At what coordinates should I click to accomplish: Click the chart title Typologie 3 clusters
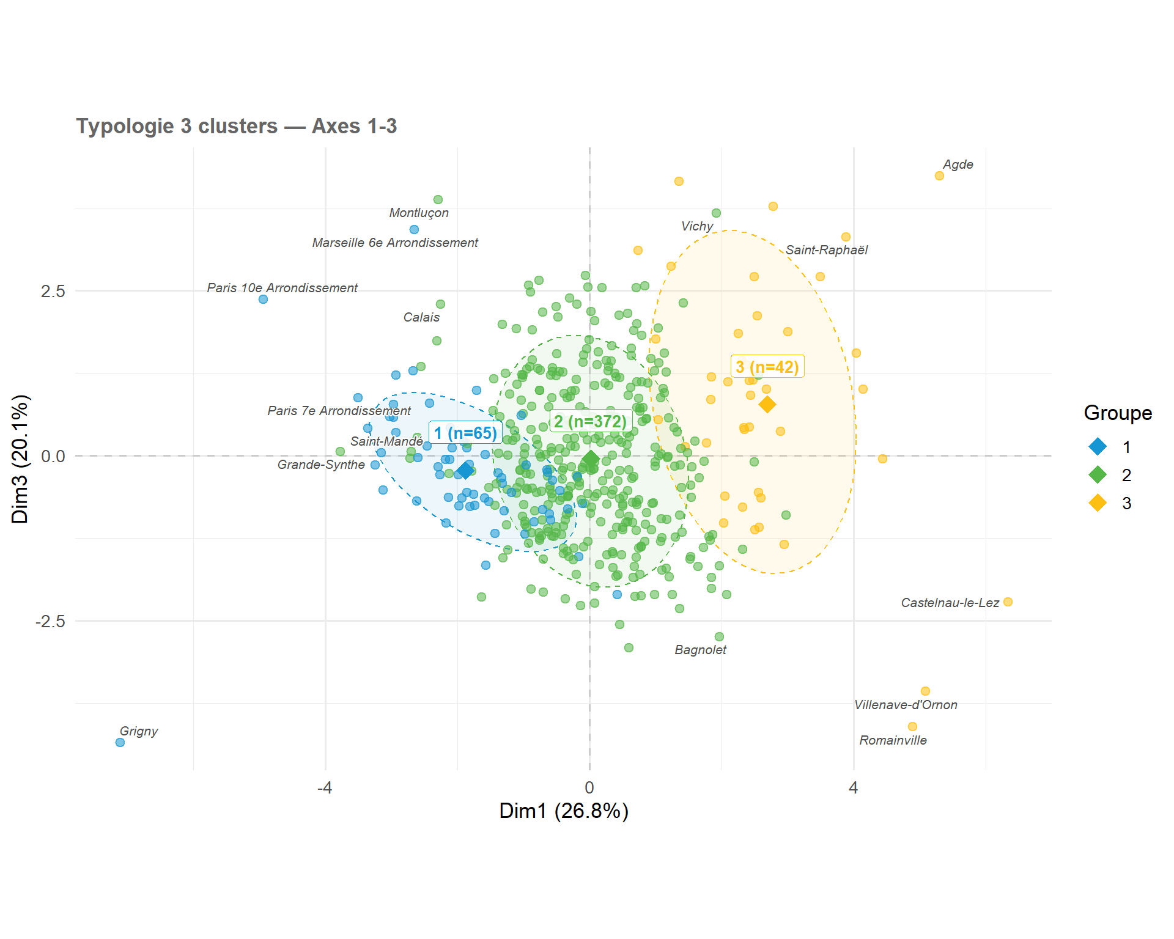[x=177, y=126]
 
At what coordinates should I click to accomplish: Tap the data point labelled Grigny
[x=120, y=742]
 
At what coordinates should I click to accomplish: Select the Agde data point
[x=939, y=176]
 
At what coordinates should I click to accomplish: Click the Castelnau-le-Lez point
[x=1008, y=602]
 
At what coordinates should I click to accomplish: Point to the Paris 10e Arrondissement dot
[x=263, y=300]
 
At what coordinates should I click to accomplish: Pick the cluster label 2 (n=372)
[x=591, y=421]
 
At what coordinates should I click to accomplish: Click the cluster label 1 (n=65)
[x=466, y=433]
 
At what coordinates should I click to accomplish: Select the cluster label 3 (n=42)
[x=767, y=367]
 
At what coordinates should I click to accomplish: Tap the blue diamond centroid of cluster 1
[x=466, y=470]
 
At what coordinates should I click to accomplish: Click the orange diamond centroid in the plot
[x=767, y=404]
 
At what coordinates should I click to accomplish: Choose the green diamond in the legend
[x=1098, y=474]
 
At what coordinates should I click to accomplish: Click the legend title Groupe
[x=1118, y=413]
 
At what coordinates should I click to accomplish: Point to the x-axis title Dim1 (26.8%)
[x=564, y=811]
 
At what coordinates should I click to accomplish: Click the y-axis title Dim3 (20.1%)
[x=20, y=458]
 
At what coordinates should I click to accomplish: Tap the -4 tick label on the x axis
[x=325, y=787]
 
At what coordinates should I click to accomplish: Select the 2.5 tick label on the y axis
[x=53, y=291]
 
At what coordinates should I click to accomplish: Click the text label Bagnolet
[x=700, y=650]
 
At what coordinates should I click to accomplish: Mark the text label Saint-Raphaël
[x=827, y=250]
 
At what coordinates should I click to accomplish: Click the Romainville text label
[x=893, y=740]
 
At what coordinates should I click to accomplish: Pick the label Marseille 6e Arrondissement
[x=395, y=243]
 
